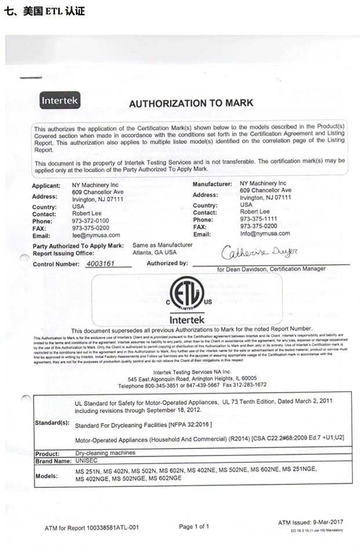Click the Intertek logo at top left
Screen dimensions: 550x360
(x=60, y=101)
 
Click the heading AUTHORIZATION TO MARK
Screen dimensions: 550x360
(x=191, y=103)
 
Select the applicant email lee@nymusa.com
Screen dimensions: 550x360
(x=96, y=235)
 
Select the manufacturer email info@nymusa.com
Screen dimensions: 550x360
(x=265, y=233)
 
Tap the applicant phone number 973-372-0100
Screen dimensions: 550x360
(x=92, y=221)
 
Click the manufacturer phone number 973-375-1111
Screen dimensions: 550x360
(x=260, y=219)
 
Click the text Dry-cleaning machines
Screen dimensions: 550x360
(x=106, y=453)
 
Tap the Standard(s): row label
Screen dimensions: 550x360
(x=53, y=422)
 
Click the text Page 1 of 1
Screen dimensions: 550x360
(x=194, y=526)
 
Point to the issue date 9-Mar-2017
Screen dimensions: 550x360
(x=326, y=523)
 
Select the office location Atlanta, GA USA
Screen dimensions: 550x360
(x=155, y=252)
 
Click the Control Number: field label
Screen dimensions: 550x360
(x=57, y=264)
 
